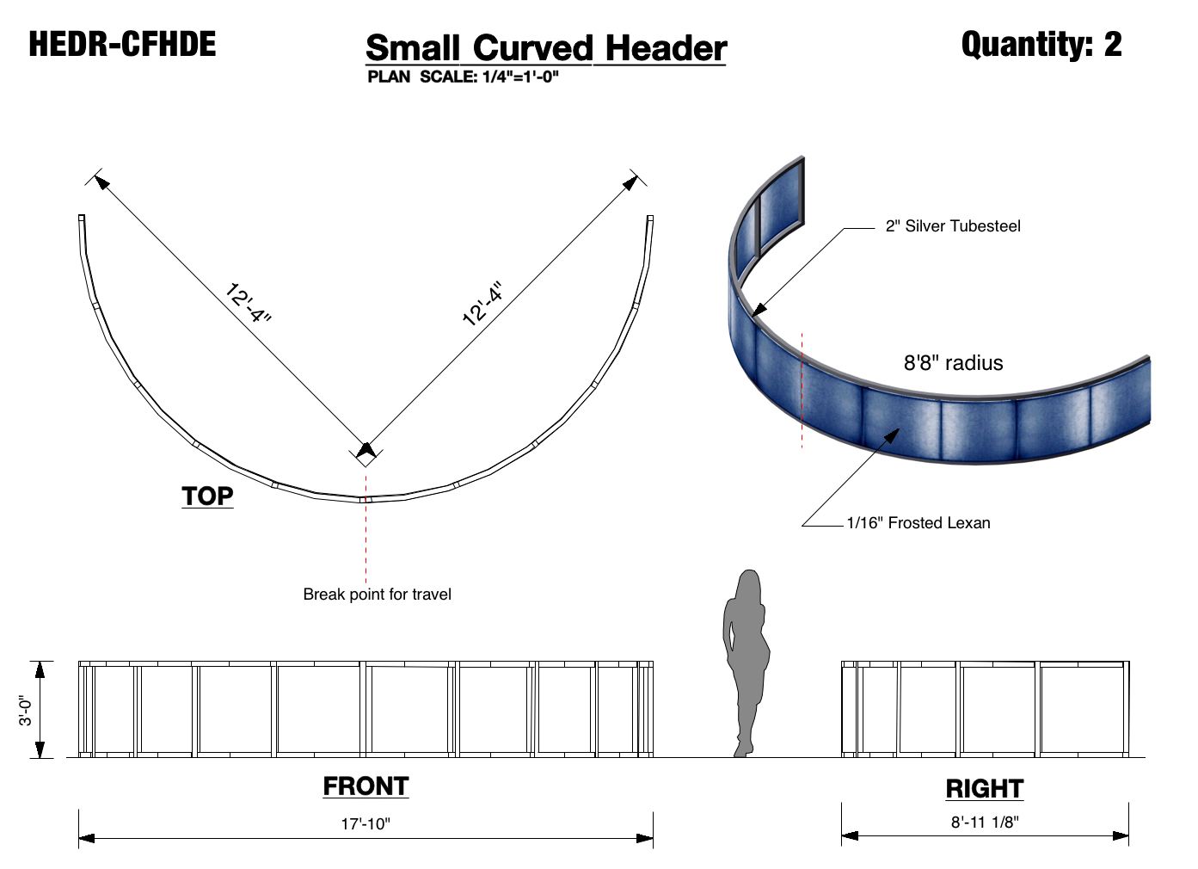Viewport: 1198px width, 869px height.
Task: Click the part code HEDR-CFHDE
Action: (x=122, y=45)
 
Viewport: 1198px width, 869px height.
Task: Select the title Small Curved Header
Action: (x=546, y=48)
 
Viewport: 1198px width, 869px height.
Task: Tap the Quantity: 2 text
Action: (x=1041, y=44)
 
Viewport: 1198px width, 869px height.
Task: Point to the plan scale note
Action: (x=463, y=77)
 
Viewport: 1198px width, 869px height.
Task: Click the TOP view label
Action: (x=207, y=496)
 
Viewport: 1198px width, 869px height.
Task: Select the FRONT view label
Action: (x=366, y=786)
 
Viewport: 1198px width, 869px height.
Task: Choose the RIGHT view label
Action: (x=984, y=789)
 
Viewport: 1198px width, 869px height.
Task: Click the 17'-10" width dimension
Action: (x=366, y=823)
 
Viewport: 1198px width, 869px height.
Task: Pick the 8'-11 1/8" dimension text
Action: (x=984, y=822)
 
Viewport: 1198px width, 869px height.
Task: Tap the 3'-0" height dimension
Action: (x=28, y=710)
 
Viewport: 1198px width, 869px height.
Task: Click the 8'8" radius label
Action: (x=953, y=363)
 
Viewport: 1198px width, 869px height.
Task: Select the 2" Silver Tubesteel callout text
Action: (x=953, y=226)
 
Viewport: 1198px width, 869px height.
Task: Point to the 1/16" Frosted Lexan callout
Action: (x=918, y=523)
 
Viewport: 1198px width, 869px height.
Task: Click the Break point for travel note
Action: (x=377, y=595)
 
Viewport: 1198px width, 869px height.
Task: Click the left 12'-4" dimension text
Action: (x=248, y=304)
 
